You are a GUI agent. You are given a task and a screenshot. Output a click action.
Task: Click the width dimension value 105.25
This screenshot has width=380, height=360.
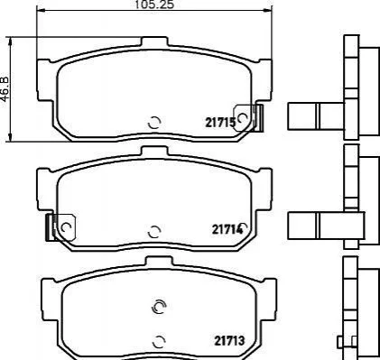(x=154, y=5)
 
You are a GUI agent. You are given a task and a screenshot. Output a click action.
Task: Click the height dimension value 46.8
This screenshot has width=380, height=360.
(x=5, y=89)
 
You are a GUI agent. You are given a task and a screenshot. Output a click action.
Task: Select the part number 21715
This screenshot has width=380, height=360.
(x=220, y=123)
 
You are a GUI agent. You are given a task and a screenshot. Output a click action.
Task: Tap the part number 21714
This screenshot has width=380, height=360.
(x=227, y=229)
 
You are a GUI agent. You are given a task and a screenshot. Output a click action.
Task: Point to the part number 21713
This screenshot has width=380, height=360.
(x=229, y=341)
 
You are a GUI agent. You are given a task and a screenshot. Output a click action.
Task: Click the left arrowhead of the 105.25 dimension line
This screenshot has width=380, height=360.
(x=41, y=11)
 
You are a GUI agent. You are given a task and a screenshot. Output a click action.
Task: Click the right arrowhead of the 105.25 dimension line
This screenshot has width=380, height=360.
(x=267, y=11)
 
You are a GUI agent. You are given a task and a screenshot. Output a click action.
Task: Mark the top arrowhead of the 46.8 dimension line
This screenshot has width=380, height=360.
(x=11, y=42)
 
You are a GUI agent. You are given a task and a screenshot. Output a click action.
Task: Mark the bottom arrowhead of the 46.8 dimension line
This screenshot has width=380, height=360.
(x=11, y=137)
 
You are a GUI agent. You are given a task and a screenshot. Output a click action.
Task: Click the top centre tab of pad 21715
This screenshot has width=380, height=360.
(x=154, y=42)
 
